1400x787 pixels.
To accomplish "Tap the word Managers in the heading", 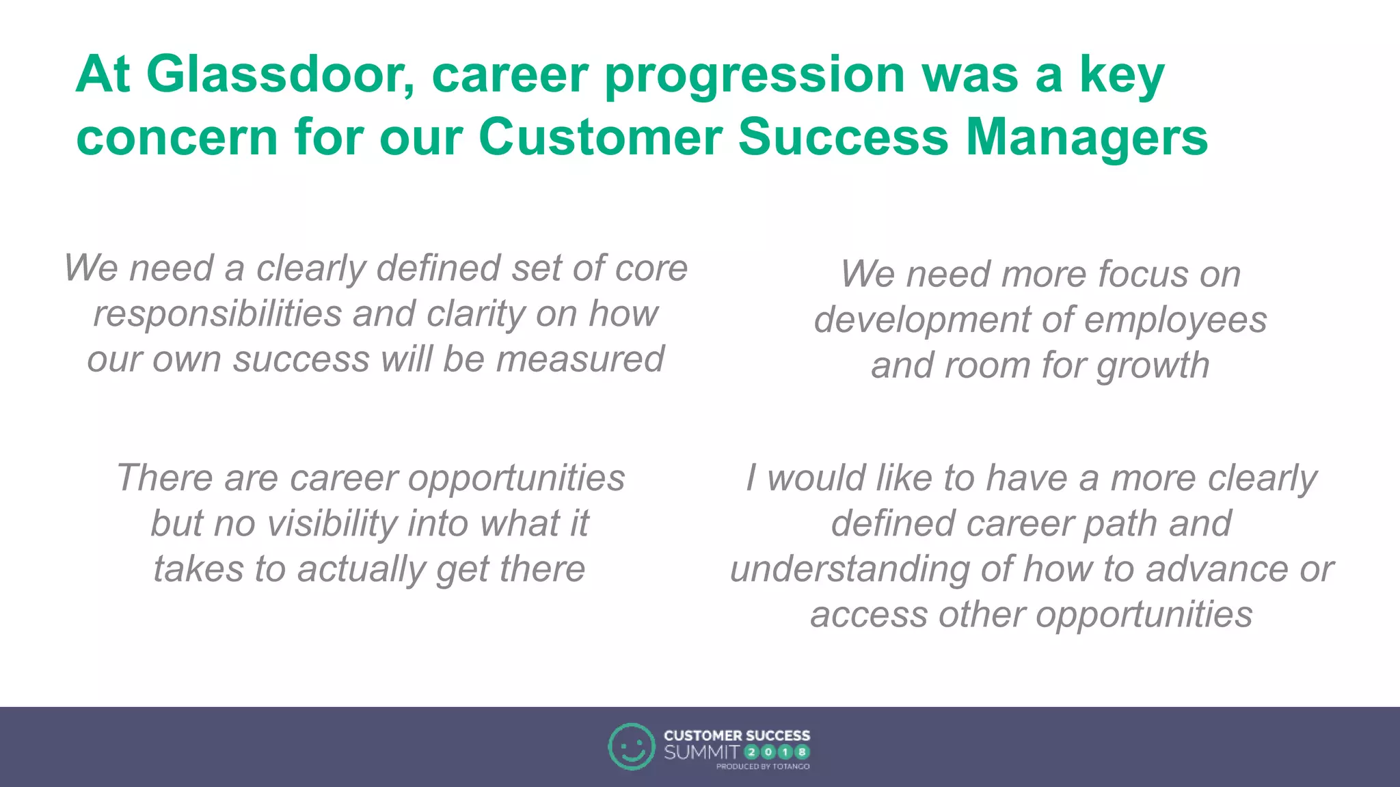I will tap(1086, 137).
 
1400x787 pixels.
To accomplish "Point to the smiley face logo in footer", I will tap(631, 747).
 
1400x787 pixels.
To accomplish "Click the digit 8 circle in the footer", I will tap(802, 752).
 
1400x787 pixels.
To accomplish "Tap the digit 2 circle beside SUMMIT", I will tap(751, 752).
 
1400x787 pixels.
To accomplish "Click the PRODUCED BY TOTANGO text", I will tap(762, 767).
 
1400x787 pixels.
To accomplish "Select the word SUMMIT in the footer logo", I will tap(701, 752).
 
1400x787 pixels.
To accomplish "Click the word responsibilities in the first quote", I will tap(217, 314).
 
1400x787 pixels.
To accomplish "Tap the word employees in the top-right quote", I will tap(1175, 320).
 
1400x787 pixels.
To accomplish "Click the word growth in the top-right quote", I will tap(1153, 365).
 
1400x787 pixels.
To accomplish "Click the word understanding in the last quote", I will tap(849, 569).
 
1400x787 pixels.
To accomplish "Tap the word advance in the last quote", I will tap(1216, 569).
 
